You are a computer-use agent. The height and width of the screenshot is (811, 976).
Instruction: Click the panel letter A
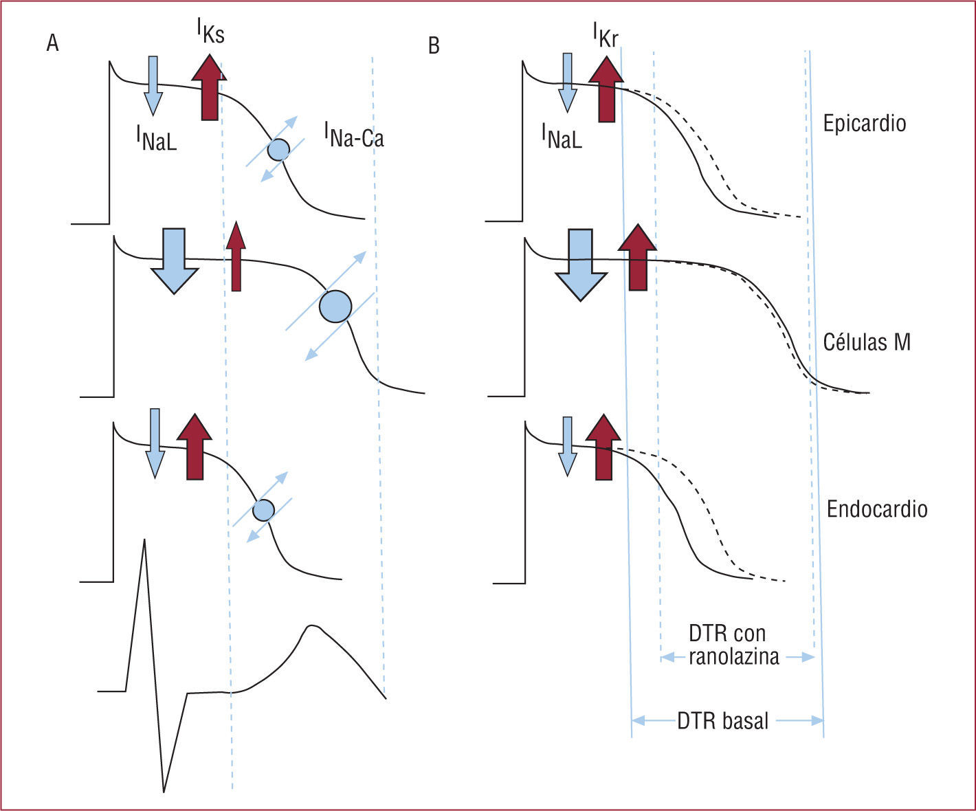click(52, 43)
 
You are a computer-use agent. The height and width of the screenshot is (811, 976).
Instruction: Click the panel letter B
click(434, 45)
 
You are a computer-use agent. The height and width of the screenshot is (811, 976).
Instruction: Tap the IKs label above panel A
click(210, 30)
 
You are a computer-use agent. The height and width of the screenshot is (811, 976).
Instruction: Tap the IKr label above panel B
click(606, 34)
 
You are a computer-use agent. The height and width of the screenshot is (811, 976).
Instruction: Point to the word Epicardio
click(864, 123)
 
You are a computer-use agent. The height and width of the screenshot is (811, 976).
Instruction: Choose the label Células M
click(866, 342)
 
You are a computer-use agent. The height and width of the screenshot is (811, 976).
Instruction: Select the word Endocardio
click(876, 509)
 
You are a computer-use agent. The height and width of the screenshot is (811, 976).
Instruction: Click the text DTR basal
click(722, 721)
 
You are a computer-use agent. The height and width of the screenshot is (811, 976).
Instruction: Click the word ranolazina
click(733, 657)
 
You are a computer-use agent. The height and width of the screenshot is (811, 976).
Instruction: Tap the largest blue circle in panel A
click(335, 307)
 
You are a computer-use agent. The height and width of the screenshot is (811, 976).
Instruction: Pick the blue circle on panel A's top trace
click(278, 149)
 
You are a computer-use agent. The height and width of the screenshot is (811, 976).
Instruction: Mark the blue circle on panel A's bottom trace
click(263, 510)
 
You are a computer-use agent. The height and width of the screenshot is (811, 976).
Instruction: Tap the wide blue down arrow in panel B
click(581, 264)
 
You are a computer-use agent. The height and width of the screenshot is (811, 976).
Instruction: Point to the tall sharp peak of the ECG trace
click(145, 543)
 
